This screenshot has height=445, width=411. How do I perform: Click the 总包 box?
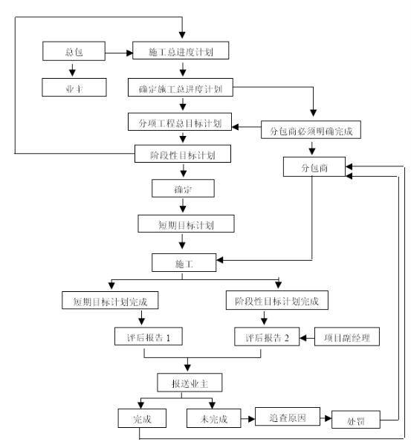coord(74,51)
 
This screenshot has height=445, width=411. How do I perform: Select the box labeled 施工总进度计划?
coord(181,51)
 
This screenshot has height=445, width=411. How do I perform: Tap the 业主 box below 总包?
coord(74,88)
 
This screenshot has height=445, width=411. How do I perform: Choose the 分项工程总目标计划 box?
coord(180,122)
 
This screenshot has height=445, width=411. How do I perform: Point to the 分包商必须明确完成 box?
coord(311,130)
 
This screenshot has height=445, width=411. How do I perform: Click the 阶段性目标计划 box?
coord(183,154)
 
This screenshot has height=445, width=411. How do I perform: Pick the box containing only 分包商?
coord(314,167)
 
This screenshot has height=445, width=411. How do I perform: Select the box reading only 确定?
coord(183,188)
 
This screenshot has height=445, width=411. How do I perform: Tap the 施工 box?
coord(184,263)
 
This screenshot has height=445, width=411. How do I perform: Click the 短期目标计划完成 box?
coord(110,300)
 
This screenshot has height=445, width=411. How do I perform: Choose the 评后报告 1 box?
coord(149,337)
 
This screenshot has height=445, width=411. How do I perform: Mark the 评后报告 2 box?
coord(267,337)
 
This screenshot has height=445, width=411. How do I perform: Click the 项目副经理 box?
coord(347,337)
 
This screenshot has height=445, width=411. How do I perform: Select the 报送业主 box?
coord(190,383)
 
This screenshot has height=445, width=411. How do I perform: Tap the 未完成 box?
coord(214,418)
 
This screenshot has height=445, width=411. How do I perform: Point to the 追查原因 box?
coord(288,417)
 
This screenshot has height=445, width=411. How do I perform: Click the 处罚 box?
coord(356,420)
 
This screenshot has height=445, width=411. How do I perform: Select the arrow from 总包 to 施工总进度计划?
coord(119,53)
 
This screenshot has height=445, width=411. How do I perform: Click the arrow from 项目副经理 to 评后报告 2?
coord(307,338)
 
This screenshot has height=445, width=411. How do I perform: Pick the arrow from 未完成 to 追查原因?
coord(248,418)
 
